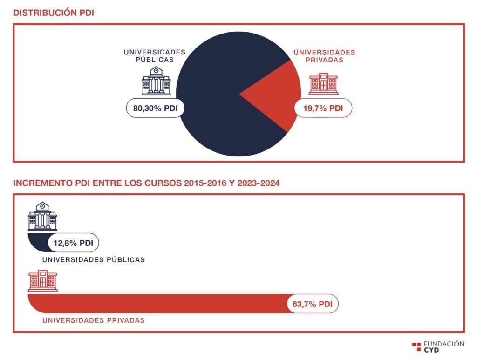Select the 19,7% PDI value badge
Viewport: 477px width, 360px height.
click(x=323, y=108)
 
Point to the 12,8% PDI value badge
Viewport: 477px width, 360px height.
click(x=73, y=243)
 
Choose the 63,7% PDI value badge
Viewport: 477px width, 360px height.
click(x=312, y=304)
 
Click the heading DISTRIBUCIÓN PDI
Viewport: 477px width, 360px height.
click(x=54, y=13)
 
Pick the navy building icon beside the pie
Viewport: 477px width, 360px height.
click(x=156, y=81)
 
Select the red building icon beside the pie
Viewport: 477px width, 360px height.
click(x=323, y=84)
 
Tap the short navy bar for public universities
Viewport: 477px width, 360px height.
click(x=38, y=242)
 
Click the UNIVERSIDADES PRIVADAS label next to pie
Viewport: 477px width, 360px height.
click(x=324, y=56)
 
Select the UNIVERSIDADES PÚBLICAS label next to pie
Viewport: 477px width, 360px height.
click(x=154, y=56)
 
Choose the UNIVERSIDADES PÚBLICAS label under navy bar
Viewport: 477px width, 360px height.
click(x=94, y=259)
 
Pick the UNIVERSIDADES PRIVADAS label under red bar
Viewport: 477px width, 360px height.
click(x=94, y=320)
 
